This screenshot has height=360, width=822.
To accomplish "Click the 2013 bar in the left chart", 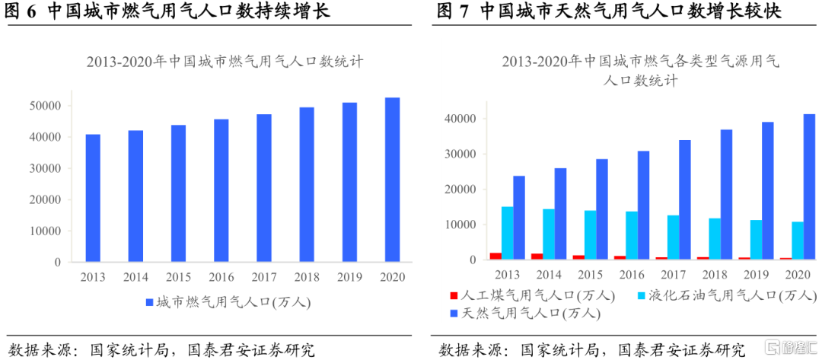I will pos(93,198).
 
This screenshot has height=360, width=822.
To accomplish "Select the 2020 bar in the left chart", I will pos(392,180).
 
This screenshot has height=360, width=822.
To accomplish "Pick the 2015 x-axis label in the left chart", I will pos(178,277).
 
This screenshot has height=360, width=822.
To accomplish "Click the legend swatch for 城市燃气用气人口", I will pos(149,303).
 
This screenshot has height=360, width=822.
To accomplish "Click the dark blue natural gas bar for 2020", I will pos(809,187).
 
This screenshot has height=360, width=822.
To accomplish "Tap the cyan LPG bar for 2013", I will pos(507,233).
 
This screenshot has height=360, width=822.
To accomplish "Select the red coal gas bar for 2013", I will pos(495,256).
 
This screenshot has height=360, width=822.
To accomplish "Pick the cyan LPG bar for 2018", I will pos(715,239).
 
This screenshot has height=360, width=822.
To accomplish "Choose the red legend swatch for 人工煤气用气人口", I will pos(454,295).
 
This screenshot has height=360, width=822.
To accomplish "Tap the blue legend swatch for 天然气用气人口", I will pos(454,313).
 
